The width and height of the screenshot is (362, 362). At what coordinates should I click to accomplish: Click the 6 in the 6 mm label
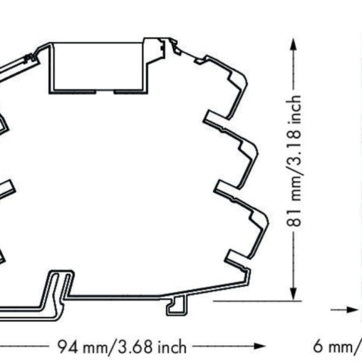(x=318, y=347)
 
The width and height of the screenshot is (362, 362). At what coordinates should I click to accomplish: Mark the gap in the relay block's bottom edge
(x=104, y=91)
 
